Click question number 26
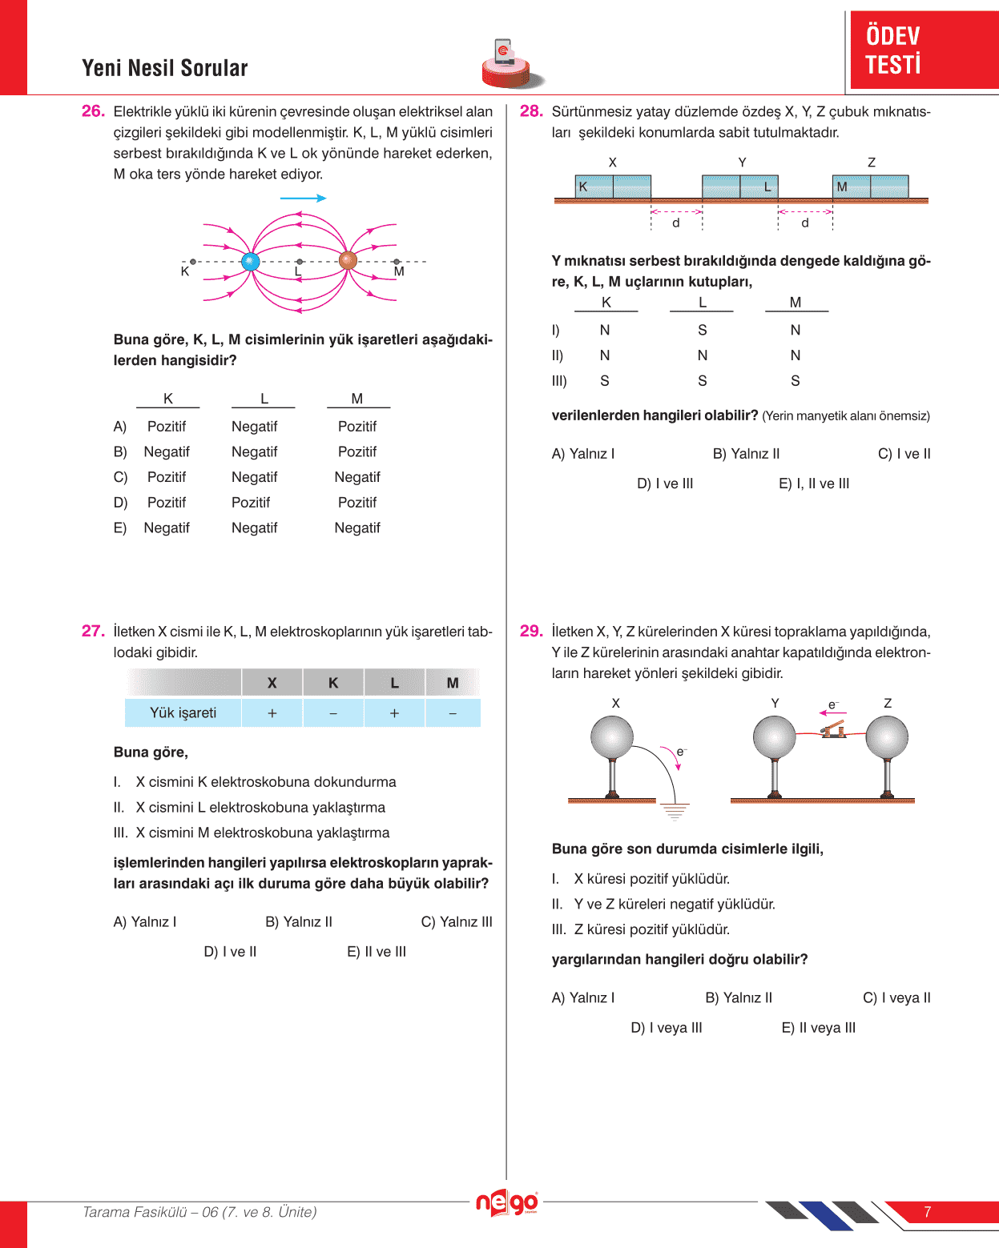pos(93,111)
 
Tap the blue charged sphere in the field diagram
pos(250,261)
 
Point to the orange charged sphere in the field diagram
pos(348,260)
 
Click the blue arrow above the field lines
pos(303,198)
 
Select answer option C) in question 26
pos(120,477)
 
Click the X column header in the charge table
pos(272,683)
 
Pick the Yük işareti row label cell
pos(183,712)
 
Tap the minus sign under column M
pos(453,712)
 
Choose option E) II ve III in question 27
pos(377,952)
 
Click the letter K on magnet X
pos(583,187)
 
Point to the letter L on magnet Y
pos(767,187)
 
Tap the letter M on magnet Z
pos(842,187)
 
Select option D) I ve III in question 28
pos(665,484)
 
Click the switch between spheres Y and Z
pos(833,728)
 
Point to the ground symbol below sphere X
pos(675,813)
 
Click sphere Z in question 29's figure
pos(887,736)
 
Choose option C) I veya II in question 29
pos(896,998)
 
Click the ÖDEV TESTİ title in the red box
pos(893,50)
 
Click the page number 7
pos(927,1212)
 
